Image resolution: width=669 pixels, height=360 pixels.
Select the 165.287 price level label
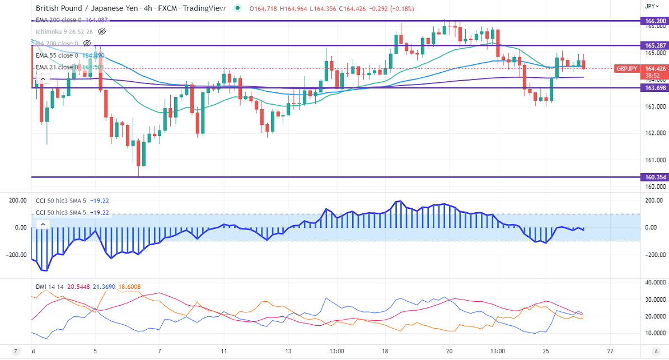tap(654, 45)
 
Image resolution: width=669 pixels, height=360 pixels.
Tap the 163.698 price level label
tap(654, 88)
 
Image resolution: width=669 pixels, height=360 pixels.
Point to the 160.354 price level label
tap(654, 177)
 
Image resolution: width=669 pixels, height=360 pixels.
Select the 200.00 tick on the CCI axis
tap(653, 200)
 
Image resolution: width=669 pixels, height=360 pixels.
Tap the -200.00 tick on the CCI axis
tap(652, 254)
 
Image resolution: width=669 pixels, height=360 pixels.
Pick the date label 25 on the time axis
tap(546, 351)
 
